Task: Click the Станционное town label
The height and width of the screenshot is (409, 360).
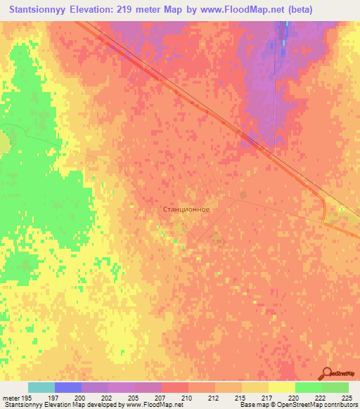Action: [186, 209]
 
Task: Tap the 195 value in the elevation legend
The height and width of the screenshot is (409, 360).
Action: [26, 398]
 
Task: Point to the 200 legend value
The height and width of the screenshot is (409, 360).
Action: [81, 398]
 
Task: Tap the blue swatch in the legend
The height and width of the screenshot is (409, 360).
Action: [67, 387]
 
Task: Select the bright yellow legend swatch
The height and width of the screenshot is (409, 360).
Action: [281, 387]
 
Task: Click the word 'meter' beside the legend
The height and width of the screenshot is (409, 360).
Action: [11, 398]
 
